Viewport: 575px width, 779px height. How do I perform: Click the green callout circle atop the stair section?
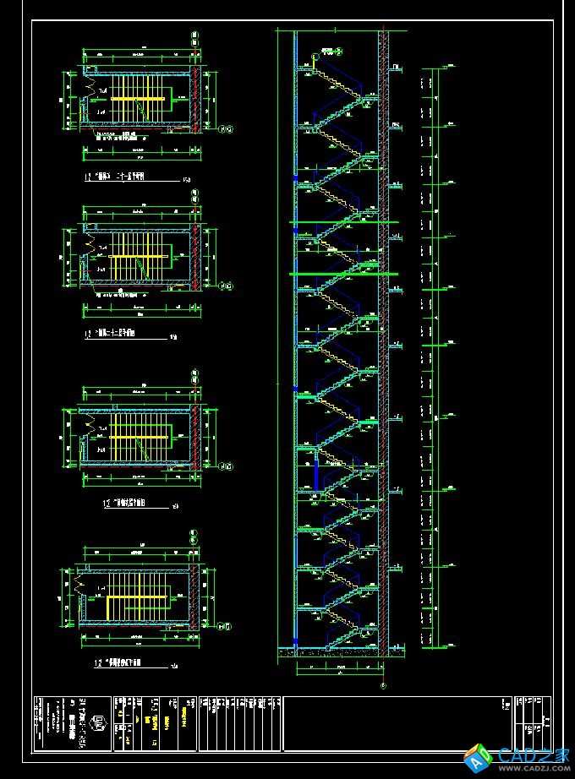click(x=315, y=57)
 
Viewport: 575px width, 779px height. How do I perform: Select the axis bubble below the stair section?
click(x=383, y=686)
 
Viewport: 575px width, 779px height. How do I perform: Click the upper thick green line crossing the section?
click(x=343, y=222)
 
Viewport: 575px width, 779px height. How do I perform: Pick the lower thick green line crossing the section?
click(x=343, y=274)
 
